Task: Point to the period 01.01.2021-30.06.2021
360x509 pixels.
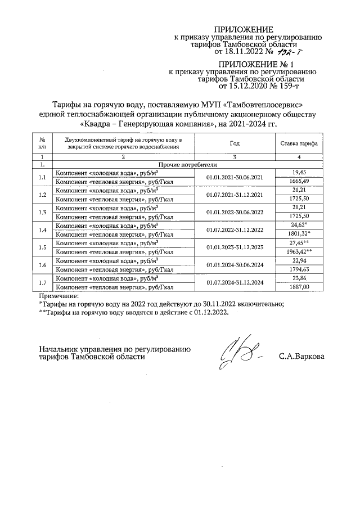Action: coord(235,177)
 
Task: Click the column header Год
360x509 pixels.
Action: coord(235,143)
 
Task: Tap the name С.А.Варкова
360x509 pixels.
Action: coord(301,356)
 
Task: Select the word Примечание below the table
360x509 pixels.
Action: coord(59,295)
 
